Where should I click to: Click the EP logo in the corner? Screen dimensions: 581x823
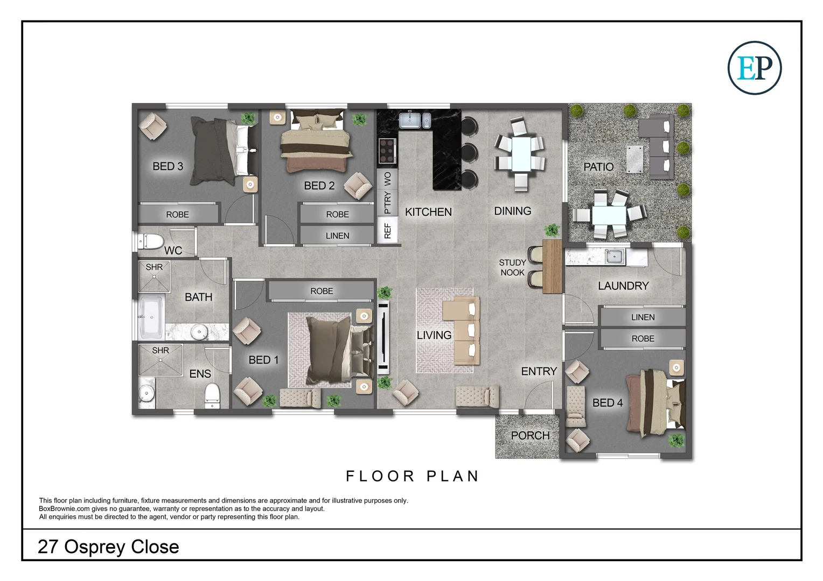(x=754, y=68)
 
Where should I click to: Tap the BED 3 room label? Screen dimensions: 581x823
(x=168, y=166)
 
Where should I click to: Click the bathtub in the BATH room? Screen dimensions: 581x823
(x=151, y=317)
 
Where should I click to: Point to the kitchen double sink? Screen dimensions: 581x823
(x=414, y=120)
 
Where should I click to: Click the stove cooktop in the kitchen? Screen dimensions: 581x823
(x=387, y=151)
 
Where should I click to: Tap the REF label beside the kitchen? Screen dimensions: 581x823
(x=387, y=231)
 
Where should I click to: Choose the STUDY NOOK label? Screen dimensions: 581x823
(x=512, y=267)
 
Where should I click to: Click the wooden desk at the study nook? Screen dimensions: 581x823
(x=552, y=266)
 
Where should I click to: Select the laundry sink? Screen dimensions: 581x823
(x=614, y=257)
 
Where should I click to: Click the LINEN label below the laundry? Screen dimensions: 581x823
(x=643, y=317)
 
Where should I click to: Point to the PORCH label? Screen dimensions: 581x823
(x=530, y=435)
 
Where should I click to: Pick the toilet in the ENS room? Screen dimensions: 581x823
(x=212, y=394)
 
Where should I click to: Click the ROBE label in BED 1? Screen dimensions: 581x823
(x=322, y=291)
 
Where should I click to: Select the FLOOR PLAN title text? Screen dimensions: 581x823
(x=413, y=476)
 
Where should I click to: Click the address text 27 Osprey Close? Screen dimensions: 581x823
(x=108, y=547)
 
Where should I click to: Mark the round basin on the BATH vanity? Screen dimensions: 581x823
(x=199, y=332)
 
